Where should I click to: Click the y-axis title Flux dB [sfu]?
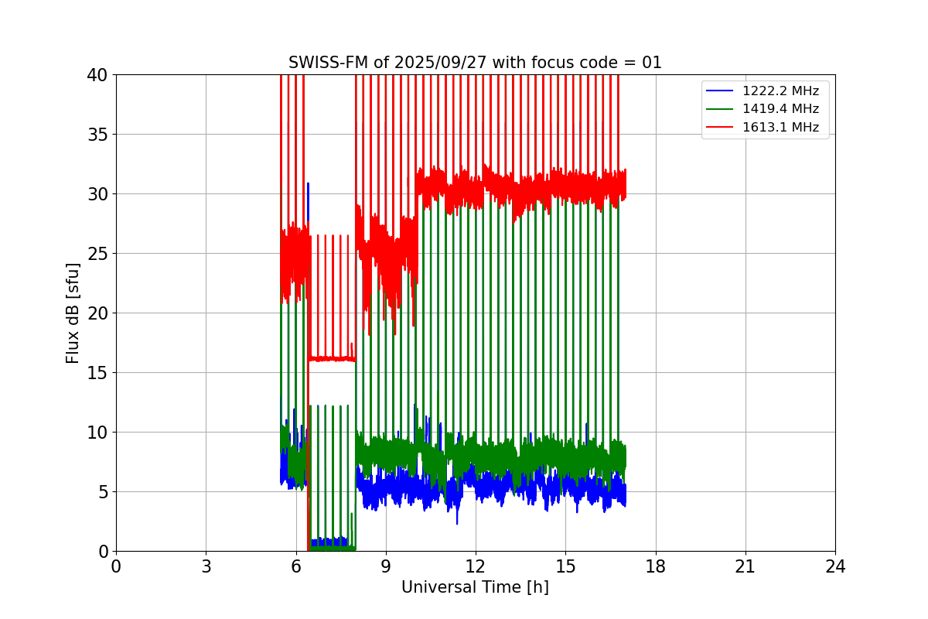(73, 313)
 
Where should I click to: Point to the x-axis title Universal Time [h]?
(475, 587)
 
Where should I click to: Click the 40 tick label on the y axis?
(97, 75)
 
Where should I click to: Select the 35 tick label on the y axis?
(97, 135)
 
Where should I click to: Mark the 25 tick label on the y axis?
(97, 254)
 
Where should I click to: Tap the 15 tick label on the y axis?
(97, 373)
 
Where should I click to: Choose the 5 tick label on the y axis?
(102, 492)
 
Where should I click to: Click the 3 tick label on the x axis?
(206, 566)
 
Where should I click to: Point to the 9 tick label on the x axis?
(386, 566)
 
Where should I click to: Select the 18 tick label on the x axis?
(656, 566)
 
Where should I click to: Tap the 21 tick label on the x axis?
(745, 566)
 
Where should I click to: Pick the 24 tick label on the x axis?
(835, 566)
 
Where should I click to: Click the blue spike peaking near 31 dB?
(308, 186)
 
